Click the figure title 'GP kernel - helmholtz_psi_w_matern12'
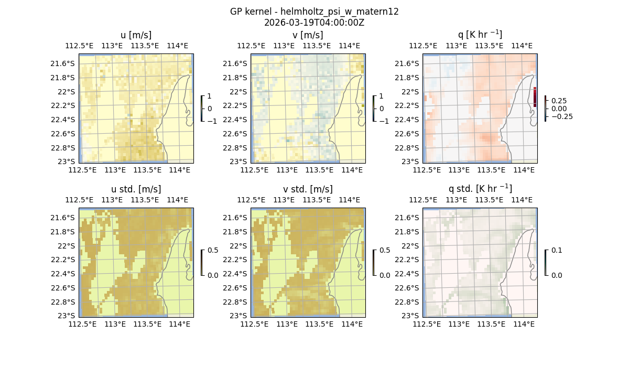pos(314,12)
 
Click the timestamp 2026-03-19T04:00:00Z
pos(314,23)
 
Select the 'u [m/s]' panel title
pos(136,35)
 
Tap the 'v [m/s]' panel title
pos(308,35)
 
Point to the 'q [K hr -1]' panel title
pos(480,35)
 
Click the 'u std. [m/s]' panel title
pos(136,189)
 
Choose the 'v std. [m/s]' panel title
pos(308,189)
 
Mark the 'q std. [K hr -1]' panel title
pos(480,189)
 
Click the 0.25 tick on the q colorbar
pos(559,101)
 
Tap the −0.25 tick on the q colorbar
pos(561,116)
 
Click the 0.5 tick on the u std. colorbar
pos(213,250)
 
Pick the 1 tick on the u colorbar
pos(210,96)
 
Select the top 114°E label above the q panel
pos(522,46)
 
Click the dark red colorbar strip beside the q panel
pos(535,97)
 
